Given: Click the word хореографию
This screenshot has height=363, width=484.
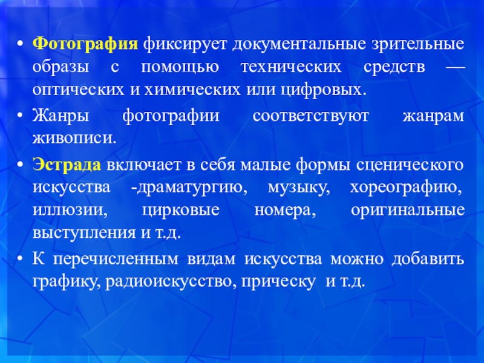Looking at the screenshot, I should (x=407, y=188).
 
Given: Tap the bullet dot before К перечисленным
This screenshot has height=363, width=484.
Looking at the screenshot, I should (x=22, y=260).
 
